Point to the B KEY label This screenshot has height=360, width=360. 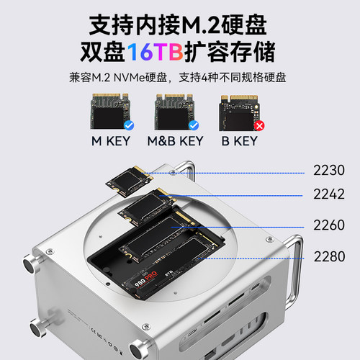coord(238,141)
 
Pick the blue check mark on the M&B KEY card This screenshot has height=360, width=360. coord(193,125)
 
